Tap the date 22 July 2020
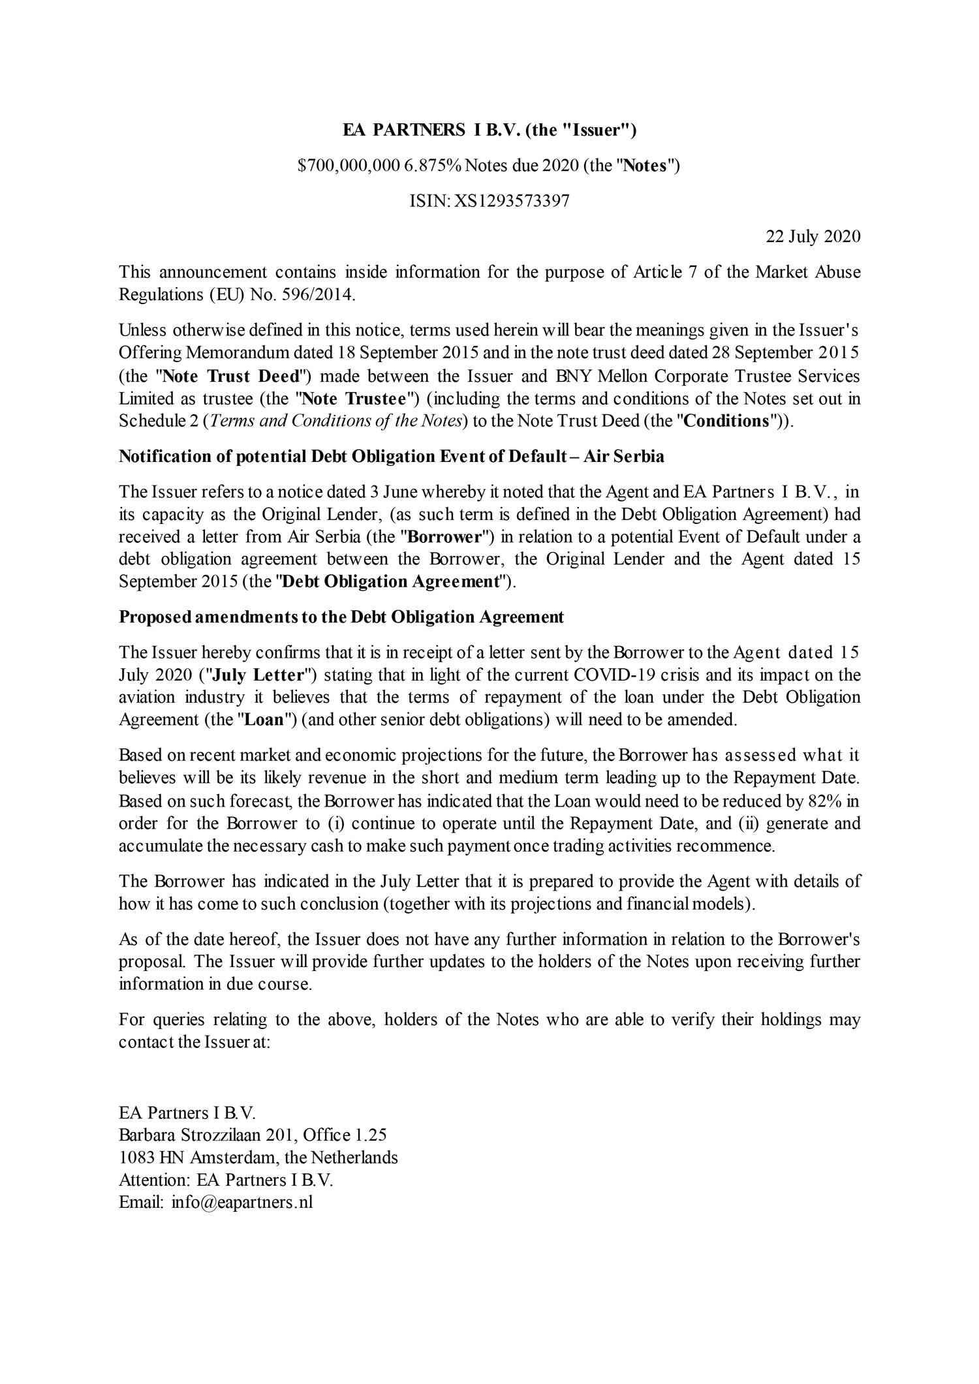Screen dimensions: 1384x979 [813, 236]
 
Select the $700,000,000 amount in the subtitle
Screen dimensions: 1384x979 [348, 166]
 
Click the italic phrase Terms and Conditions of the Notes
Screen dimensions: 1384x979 [335, 421]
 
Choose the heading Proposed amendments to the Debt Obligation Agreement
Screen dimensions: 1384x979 [341, 617]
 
